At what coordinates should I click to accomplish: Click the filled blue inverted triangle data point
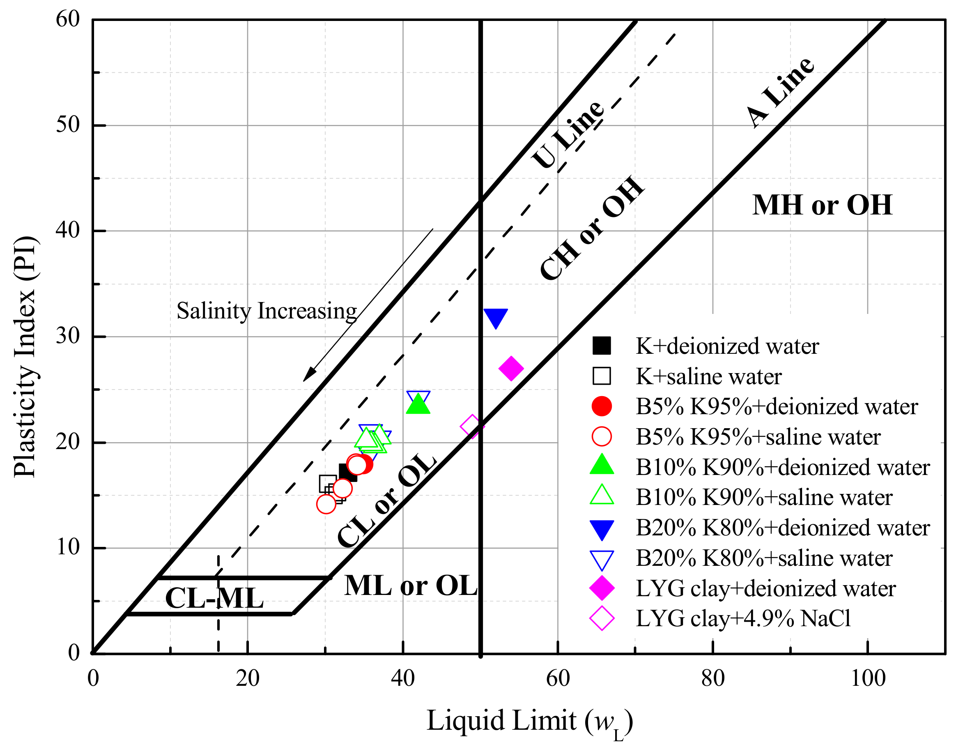(x=496, y=317)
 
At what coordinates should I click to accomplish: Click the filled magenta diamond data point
(x=511, y=368)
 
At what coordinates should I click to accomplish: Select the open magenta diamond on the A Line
(x=472, y=426)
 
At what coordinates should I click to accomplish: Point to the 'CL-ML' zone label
(x=214, y=598)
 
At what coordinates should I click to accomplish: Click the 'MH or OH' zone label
(x=822, y=205)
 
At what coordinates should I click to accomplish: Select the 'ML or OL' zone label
(x=410, y=586)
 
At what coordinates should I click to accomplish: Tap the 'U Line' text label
(x=568, y=135)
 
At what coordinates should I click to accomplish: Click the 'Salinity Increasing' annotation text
(x=267, y=311)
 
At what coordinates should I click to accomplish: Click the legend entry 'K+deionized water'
(x=726, y=346)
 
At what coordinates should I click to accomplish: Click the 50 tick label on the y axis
(x=68, y=125)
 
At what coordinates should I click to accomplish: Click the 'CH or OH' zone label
(x=592, y=228)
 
